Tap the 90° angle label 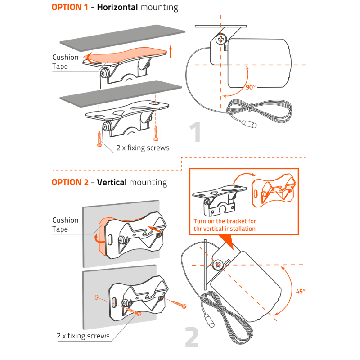click(251, 87)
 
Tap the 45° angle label click(301, 291)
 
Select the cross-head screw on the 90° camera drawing click(221, 40)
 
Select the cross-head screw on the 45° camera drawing click(218, 265)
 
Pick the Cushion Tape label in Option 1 click(65, 62)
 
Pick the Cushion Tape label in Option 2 click(65, 225)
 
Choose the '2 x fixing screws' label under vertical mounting click(83, 336)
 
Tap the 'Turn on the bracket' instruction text click(225, 225)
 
